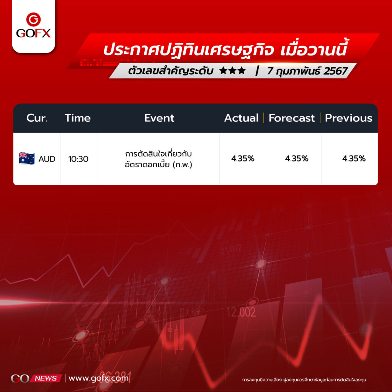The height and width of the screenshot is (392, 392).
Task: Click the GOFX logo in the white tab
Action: tap(33, 25)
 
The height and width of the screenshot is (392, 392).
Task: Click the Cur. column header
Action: tap(37, 118)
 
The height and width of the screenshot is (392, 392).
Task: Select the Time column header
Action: tap(77, 118)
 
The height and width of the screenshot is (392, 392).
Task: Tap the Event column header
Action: tap(159, 118)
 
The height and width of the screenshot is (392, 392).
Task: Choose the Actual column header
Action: tap(241, 118)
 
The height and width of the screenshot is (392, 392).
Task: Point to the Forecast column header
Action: tap(291, 118)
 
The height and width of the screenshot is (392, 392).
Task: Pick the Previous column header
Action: tap(348, 118)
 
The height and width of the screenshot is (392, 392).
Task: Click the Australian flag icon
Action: tap(27, 158)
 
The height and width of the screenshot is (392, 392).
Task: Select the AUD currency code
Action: tap(47, 159)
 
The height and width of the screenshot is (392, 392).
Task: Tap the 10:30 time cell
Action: tap(78, 159)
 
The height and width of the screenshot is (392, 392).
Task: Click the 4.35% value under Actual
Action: tap(242, 158)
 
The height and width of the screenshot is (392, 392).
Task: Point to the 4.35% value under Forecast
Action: tap(297, 158)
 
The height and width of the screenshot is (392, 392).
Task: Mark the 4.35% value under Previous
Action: tap(354, 158)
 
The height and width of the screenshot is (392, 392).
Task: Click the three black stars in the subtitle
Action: tap(232, 71)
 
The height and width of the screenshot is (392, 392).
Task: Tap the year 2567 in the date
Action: tap(335, 71)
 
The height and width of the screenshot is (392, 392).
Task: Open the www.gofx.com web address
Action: tap(98, 378)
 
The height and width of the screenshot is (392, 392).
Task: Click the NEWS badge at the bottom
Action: tap(46, 379)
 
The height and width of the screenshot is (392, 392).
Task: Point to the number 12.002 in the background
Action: tap(241, 312)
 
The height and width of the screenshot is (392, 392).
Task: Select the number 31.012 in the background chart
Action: tap(231, 249)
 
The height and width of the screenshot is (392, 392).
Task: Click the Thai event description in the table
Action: tap(158, 159)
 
